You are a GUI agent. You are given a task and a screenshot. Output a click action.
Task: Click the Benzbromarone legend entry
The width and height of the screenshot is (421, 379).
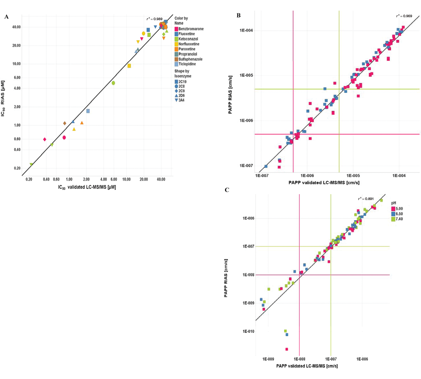coord(189,29)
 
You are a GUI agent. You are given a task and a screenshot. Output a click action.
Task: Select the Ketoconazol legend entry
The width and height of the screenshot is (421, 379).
coord(187,39)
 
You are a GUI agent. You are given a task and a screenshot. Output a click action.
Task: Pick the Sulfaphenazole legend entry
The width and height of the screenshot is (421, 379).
coord(189,59)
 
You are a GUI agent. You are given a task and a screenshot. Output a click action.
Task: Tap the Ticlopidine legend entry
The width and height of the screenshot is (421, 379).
coord(185,64)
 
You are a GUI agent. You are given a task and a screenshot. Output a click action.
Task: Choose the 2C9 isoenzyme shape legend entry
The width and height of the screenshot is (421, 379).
coord(180,91)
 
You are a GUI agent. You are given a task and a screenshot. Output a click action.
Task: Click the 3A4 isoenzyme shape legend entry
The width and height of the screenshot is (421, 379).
coord(180,100)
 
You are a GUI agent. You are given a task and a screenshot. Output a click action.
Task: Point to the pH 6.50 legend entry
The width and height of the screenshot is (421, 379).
coord(397,214)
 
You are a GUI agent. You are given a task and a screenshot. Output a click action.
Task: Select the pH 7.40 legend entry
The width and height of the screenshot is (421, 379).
coord(397,219)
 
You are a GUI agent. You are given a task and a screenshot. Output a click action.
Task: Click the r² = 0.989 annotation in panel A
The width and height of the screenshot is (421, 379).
coord(155,19)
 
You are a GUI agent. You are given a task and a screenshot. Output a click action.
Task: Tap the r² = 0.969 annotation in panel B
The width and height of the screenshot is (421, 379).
coord(404,16)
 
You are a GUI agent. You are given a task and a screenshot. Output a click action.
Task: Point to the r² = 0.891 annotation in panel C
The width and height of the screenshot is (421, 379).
coord(366,199)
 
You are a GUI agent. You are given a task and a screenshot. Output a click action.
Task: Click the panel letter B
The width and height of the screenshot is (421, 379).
coord(239,16)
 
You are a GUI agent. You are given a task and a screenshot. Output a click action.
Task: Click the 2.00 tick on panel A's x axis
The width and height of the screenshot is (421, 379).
coord(86,179)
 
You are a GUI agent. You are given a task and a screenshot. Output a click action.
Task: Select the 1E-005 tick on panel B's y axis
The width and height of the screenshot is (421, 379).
coord(246,75)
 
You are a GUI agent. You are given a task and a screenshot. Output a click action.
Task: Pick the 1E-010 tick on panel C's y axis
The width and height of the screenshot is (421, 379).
coord(249,331)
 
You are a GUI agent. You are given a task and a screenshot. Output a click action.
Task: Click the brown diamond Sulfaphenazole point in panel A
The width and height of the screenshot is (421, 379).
coord(65,123)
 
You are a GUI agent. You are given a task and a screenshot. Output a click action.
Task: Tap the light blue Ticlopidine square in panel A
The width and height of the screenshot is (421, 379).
coord(88,111)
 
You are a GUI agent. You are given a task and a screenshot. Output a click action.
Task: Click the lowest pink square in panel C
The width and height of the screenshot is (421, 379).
coord(287,349)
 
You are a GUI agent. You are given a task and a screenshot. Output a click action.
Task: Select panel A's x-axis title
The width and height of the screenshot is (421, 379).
coord(87,187)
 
